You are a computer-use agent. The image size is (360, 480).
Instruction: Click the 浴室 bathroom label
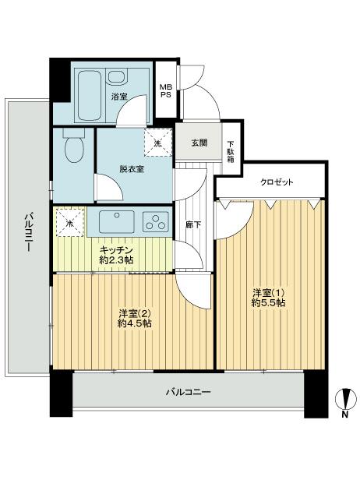(x=118, y=97)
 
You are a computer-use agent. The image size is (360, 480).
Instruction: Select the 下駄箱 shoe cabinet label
(x=231, y=150)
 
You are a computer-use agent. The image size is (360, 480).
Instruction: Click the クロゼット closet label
(x=277, y=182)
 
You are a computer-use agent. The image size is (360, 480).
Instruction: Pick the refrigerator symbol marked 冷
(x=69, y=223)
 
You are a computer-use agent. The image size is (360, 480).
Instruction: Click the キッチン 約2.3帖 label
(x=116, y=254)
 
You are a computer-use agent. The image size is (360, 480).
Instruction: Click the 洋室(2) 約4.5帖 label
(x=134, y=317)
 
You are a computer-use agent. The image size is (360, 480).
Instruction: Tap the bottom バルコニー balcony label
(x=188, y=392)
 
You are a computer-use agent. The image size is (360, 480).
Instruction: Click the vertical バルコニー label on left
(x=26, y=233)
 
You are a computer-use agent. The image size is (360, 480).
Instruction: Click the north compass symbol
(x=344, y=404)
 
